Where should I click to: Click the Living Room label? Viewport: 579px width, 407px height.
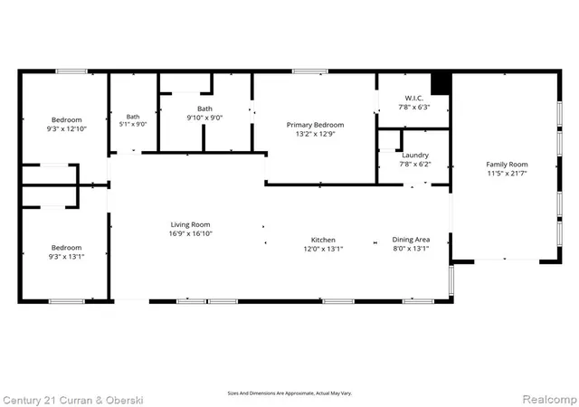[190, 224]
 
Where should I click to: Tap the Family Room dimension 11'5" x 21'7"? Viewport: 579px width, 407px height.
[507, 174]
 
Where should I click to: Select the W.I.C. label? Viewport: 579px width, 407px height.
[414, 99]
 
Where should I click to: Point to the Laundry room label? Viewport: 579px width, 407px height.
[415, 156]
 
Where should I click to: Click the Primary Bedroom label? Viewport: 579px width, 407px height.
[316, 125]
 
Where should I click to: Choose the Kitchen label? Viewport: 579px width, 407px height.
[323, 240]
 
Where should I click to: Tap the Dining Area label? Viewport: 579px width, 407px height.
[411, 240]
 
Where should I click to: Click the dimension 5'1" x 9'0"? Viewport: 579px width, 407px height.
[133, 125]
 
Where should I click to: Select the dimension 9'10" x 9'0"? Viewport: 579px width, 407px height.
[204, 118]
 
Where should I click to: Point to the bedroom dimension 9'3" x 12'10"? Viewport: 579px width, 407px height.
[66, 129]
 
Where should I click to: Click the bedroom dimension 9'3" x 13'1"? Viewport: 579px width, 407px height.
[66, 257]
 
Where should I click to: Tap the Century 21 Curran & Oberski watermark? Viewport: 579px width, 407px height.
[72, 401]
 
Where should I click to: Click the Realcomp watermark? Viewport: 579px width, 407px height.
[550, 399]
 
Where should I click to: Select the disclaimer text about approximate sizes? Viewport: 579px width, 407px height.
[289, 393]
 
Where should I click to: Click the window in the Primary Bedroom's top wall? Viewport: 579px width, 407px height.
[309, 71]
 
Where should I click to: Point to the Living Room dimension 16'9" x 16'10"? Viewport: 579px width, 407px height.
[191, 233]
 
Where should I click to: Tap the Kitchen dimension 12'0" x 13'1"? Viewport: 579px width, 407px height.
[323, 250]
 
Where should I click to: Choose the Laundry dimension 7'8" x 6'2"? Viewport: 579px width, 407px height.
[415, 165]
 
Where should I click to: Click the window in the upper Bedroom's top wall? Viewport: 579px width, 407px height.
[71, 71]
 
